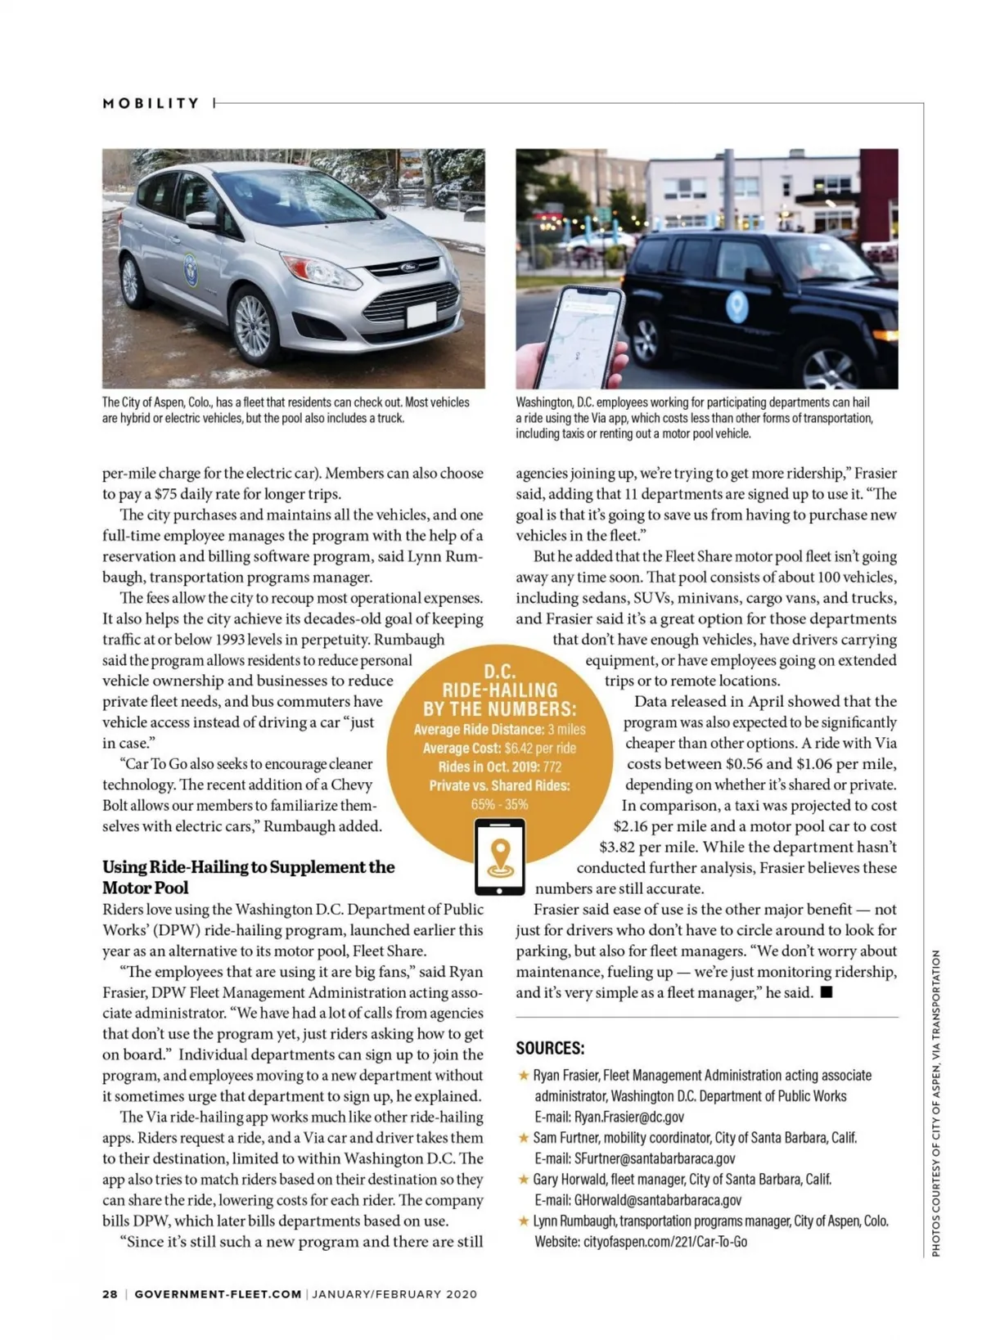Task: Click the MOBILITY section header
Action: pos(151,103)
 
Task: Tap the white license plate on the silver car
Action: pos(421,314)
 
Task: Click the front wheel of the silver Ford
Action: pos(255,325)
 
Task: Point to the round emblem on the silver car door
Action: pos(191,269)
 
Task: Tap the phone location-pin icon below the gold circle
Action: pos(500,856)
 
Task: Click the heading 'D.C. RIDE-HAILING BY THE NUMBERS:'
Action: pos(499,690)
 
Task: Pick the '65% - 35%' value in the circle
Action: pos(499,804)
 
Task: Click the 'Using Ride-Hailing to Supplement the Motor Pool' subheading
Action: pos(248,877)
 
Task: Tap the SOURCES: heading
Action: pos(550,1048)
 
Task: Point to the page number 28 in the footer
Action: pos(110,1294)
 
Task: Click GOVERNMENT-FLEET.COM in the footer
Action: pos(218,1294)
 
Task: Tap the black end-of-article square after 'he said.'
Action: pos(827,992)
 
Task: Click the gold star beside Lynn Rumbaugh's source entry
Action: pos(524,1221)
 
